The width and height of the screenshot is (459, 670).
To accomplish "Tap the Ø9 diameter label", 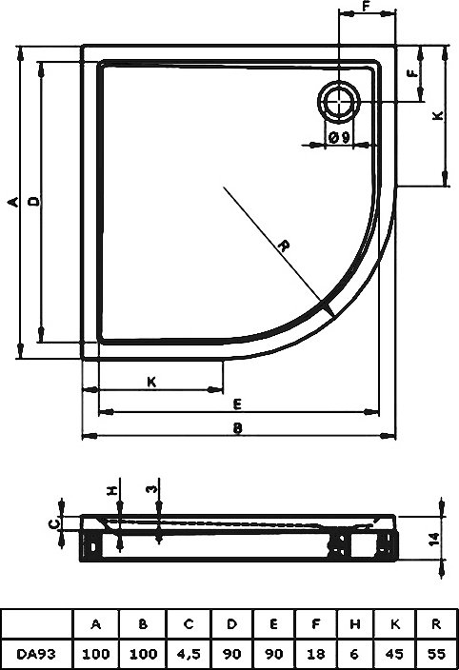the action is [340, 137].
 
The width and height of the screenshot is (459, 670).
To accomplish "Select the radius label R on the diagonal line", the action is [284, 246].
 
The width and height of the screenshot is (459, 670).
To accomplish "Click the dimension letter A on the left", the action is [13, 202].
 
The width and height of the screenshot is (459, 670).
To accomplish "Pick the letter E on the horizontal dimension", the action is [238, 404].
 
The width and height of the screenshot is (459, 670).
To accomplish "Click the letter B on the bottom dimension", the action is [238, 427].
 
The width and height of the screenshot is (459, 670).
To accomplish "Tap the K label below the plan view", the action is [151, 382].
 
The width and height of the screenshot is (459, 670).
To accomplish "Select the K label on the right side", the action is [438, 115].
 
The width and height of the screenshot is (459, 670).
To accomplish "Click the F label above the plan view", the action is [366, 6].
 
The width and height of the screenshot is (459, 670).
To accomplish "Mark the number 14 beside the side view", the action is [433, 539].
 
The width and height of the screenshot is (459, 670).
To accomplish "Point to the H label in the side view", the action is [112, 490].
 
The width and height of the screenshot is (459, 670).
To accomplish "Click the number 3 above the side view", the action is [152, 488].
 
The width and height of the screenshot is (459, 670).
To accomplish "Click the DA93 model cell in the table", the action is [36, 654].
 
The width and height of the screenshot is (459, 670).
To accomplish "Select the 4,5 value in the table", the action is [189, 654].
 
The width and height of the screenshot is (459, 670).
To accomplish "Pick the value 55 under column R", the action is [436, 654].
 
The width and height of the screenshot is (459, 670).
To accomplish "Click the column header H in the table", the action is [354, 624].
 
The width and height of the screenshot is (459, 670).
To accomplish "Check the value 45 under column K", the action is [394, 654].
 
